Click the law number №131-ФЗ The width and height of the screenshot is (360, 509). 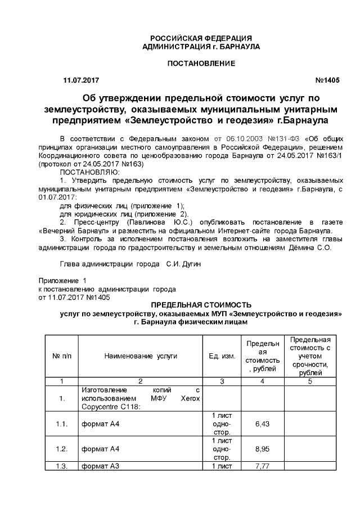[284, 137]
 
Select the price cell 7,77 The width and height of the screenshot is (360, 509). [262, 466]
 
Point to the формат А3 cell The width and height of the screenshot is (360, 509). [101, 466]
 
